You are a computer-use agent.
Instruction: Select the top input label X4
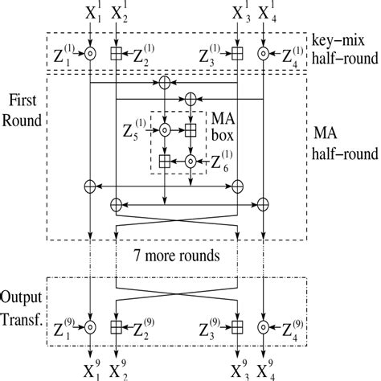(264, 14)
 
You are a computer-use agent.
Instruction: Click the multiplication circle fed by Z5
(164, 129)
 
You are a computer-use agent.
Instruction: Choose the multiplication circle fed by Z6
(191, 161)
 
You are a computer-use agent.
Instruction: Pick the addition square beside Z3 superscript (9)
(237, 327)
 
